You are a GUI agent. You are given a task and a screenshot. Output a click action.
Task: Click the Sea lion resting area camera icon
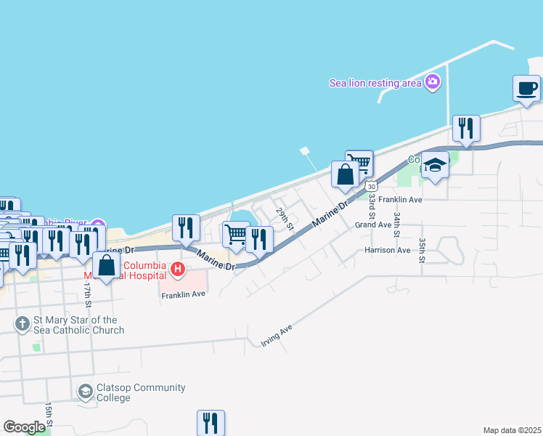[x=433, y=81]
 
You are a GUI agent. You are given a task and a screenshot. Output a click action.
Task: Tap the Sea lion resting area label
[x=375, y=83]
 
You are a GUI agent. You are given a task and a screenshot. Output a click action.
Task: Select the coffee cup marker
[x=526, y=89]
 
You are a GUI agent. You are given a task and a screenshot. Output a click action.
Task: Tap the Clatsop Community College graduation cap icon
[x=86, y=392]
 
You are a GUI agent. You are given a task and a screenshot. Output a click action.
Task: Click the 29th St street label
[x=284, y=218]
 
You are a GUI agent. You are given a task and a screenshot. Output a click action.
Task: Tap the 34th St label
[x=397, y=225]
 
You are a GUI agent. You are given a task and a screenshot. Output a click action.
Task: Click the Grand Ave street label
[x=373, y=225]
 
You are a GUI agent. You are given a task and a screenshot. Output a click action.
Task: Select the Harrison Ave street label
[x=388, y=250]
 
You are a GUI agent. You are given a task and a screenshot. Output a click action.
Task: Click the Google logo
[x=25, y=427]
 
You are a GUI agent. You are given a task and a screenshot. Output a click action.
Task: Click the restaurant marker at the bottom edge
[x=211, y=422]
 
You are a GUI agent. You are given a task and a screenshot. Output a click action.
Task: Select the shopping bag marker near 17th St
[x=107, y=266]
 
